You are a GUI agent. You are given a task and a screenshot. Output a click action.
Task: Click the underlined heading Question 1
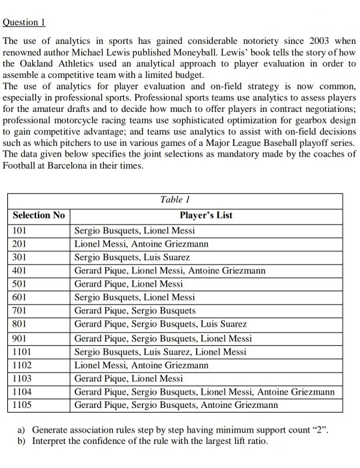pyautogui.click(x=24, y=22)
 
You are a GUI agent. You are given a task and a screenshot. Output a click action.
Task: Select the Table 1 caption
pyautogui.click(x=175, y=199)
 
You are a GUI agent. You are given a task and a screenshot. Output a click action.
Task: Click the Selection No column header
pyautogui.click(x=39, y=215)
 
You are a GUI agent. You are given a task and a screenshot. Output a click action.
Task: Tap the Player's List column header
pyautogui.click(x=206, y=215)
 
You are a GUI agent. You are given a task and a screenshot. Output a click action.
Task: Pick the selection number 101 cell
pyautogui.click(x=21, y=231)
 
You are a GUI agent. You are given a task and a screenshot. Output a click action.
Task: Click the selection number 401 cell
pyautogui.click(x=21, y=271)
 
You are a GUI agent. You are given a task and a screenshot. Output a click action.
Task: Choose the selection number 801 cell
pyautogui.click(x=21, y=324)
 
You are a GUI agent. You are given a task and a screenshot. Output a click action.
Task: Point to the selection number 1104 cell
pyautogui.click(x=23, y=392)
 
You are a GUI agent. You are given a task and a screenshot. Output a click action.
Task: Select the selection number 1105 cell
pyautogui.click(x=23, y=405)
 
